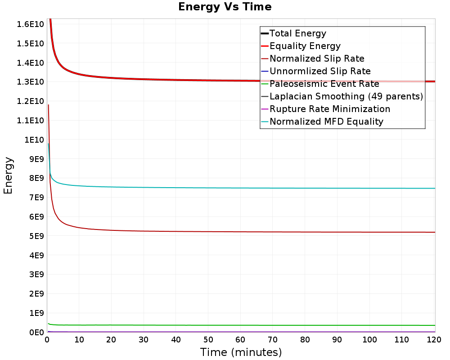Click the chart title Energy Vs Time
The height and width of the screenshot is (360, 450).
pyautogui.click(x=225, y=7)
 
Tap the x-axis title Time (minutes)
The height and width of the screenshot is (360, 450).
pyautogui.click(x=241, y=352)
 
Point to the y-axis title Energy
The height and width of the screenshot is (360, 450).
pyautogui.click(x=8, y=175)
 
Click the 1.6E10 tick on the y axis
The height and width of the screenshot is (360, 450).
pyautogui.click(x=31, y=24)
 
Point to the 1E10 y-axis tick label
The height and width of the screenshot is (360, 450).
pyautogui.click(x=34, y=140)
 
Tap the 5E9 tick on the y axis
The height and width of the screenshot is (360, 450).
pyautogui.click(x=37, y=236)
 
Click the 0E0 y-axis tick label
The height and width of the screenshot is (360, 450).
pyautogui.click(x=37, y=333)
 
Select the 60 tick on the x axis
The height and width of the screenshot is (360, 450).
pyautogui.click(x=240, y=340)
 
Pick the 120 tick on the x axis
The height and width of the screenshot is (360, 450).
pyautogui.click(x=434, y=340)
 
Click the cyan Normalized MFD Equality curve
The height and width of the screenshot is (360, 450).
pyautogui.click(x=242, y=188)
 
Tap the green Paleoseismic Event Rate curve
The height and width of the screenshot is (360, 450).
pyautogui.click(x=242, y=325)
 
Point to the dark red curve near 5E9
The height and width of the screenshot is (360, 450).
pyautogui.click(x=242, y=232)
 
